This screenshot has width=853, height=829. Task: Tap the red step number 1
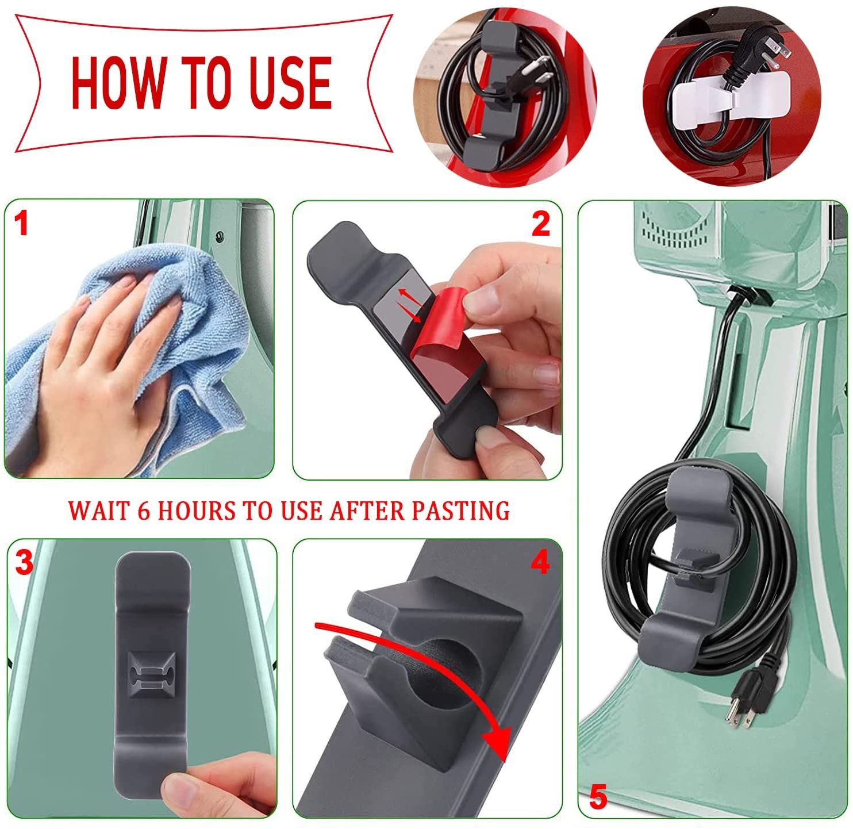pos(22,224)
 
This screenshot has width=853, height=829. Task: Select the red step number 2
pos(540,224)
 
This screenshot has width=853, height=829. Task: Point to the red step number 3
pos(24,563)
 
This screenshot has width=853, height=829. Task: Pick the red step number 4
pos(540,564)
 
